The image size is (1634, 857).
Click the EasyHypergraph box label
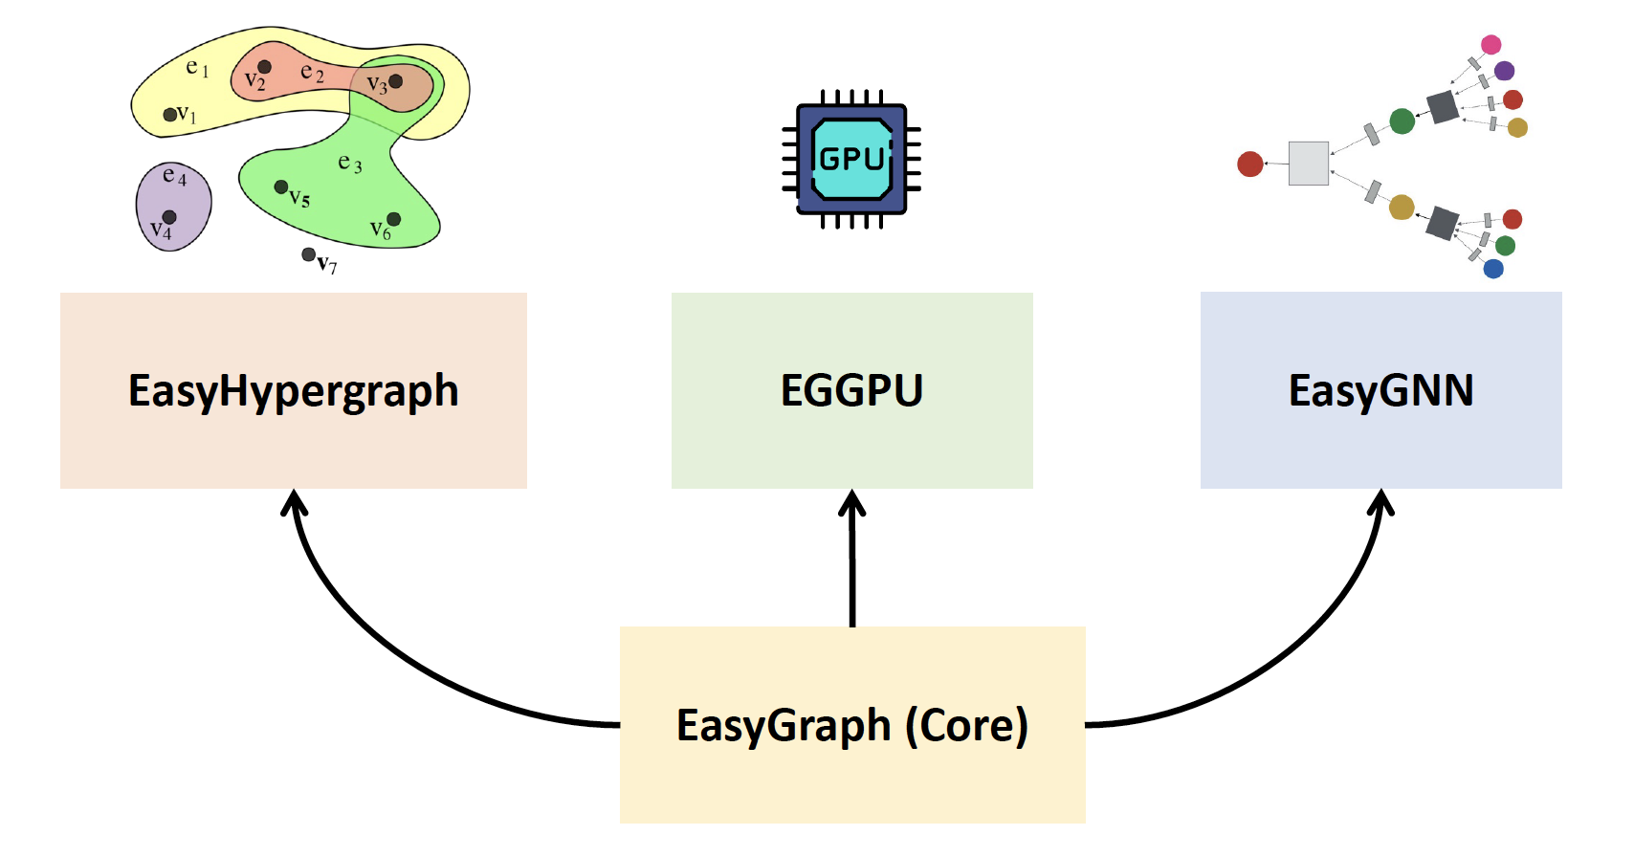(x=294, y=391)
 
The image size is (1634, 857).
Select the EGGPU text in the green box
(x=851, y=390)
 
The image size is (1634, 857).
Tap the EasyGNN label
(x=1380, y=390)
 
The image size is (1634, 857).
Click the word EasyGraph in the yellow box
(x=784, y=725)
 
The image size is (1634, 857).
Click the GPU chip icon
(x=851, y=158)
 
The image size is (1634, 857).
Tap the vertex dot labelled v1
(x=169, y=115)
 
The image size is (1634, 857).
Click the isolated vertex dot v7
(x=308, y=254)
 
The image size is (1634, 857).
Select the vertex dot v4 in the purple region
(x=169, y=217)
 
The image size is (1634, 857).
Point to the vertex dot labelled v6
(x=393, y=219)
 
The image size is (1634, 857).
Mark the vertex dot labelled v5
(x=281, y=187)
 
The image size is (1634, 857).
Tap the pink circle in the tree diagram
(x=1490, y=44)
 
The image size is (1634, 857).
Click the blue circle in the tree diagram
(x=1492, y=269)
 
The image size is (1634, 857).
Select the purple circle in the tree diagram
(x=1504, y=71)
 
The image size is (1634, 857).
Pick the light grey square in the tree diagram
(x=1308, y=164)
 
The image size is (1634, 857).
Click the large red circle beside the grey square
(x=1250, y=165)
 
